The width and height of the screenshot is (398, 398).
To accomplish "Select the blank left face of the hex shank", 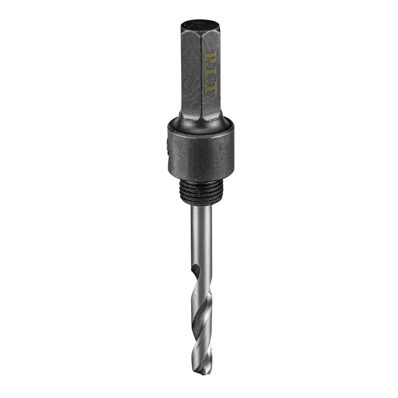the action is (x=190, y=76).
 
